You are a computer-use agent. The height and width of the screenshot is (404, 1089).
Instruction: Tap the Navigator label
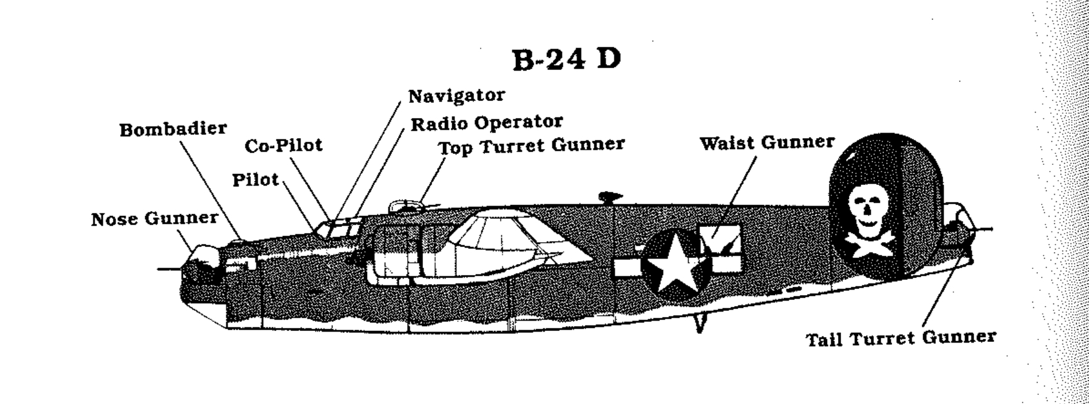456,96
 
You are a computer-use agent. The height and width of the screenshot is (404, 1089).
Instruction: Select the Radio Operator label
486,123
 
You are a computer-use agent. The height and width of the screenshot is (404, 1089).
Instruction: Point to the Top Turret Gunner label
531,146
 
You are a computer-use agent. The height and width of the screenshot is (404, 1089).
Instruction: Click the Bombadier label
173,130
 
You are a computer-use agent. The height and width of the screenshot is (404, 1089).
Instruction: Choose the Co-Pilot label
283,146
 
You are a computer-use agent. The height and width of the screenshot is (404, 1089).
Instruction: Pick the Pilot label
255,180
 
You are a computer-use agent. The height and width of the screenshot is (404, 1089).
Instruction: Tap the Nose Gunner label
154,219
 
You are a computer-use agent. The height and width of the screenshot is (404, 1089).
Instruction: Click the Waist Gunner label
767,144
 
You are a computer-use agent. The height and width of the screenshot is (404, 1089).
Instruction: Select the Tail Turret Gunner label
901,338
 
